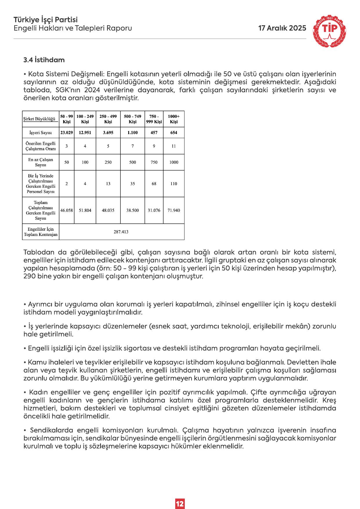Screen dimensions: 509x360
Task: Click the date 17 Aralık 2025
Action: (x=282, y=28)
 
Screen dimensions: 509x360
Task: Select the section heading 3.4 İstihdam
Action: (x=44, y=60)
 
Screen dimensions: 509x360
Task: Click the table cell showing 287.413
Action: (x=121, y=232)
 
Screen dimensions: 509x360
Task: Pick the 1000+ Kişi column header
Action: (x=174, y=119)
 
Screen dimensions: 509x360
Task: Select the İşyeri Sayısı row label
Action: (x=41, y=133)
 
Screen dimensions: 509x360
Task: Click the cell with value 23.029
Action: (x=66, y=133)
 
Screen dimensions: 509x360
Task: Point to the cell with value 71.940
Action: (x=174, y=210)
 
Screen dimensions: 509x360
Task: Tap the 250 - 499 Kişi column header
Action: (x=108, y=119)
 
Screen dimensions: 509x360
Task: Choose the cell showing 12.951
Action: (x=85, y=133)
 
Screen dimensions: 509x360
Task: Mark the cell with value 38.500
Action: (x=133, y=210)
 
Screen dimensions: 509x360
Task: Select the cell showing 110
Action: (x=174, y=184)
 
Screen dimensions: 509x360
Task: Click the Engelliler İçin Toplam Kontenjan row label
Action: (x=41, y=232)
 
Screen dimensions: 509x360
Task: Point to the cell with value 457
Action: (x=154, y=133)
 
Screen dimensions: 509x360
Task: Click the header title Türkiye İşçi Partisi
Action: (x=46, y=20)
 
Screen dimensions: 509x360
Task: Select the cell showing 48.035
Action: (x=108, y=210)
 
